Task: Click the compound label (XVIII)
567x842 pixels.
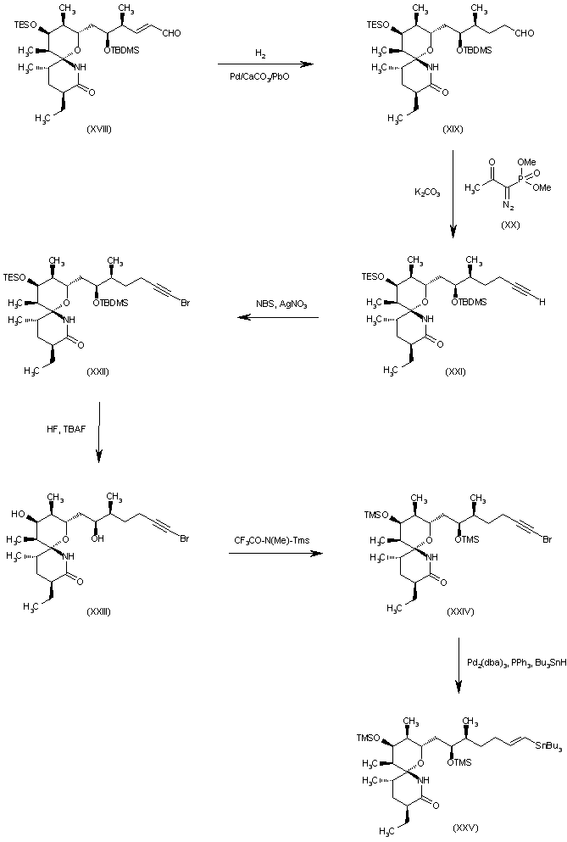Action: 99,129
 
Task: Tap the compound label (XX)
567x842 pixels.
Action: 512,225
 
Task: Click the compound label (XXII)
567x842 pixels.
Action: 97,371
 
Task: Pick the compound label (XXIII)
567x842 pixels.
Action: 98,612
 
